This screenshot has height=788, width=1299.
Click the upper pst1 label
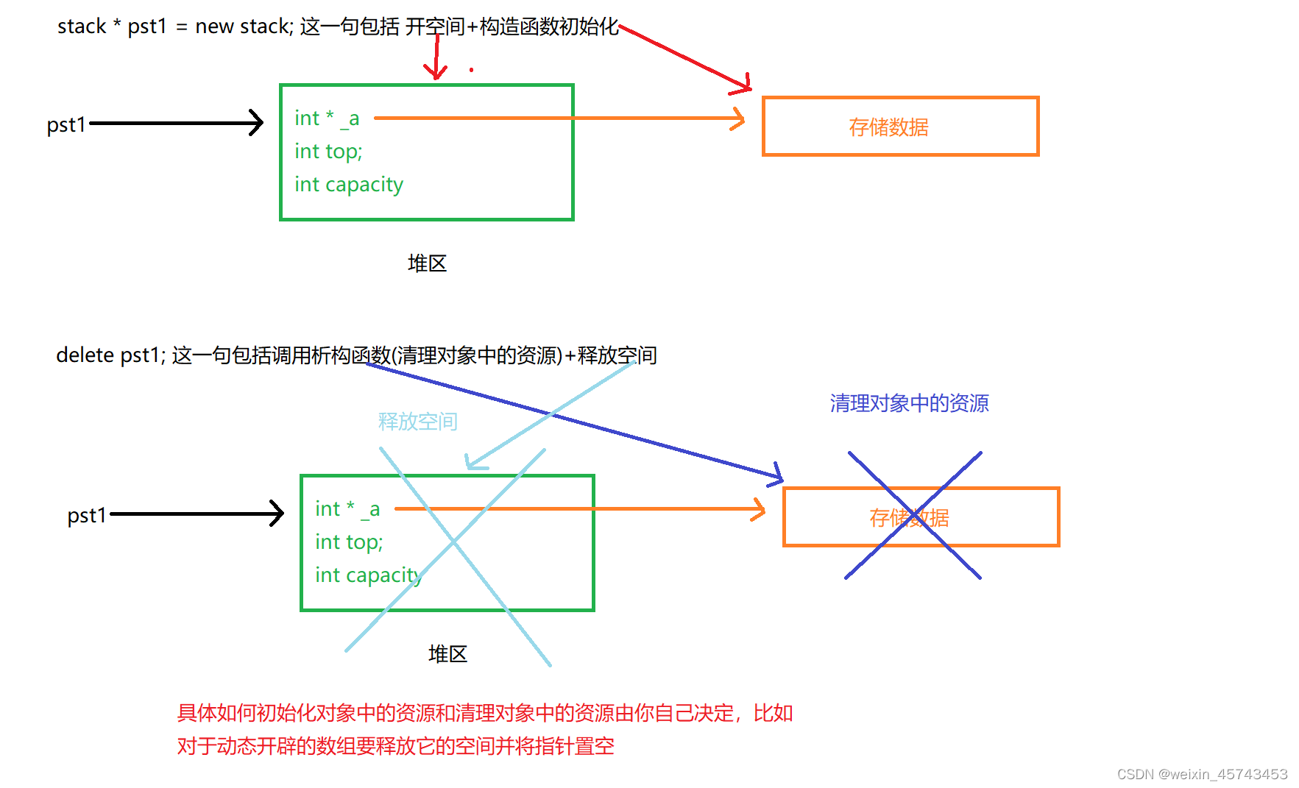[x=66, y=124]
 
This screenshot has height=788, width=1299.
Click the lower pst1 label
[x=87, y=515]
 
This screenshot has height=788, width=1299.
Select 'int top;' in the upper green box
[x=328, y=152]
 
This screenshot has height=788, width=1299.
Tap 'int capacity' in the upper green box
[x=349, y=184]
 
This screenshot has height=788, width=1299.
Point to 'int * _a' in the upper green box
[x=327, y=118]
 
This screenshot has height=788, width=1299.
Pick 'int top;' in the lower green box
[x=349, y=542]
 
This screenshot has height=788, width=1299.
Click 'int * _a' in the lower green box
[x=347, y=509]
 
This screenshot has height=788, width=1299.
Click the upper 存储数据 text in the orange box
[x=888, y=127]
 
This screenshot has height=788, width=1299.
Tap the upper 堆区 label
[x=427, y=263]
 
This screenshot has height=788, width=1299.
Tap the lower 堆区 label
[x=447, y=654]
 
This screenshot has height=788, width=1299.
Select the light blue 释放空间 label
[x=417, y=422]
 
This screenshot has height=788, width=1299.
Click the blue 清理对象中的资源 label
[x=909, y=403]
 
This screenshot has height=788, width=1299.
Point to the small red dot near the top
[x=471, y=70]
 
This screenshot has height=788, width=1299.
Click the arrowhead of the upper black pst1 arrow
[x=257, y=123]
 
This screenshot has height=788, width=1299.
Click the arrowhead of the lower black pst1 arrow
[x=277, y=514]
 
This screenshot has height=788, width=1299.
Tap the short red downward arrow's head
[x=436, y=74]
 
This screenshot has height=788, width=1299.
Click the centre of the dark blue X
[x=913, y=515]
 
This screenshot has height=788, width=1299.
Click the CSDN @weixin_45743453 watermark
[x=1202, y=774]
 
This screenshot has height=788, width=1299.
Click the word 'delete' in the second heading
[x=85, y=355]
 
